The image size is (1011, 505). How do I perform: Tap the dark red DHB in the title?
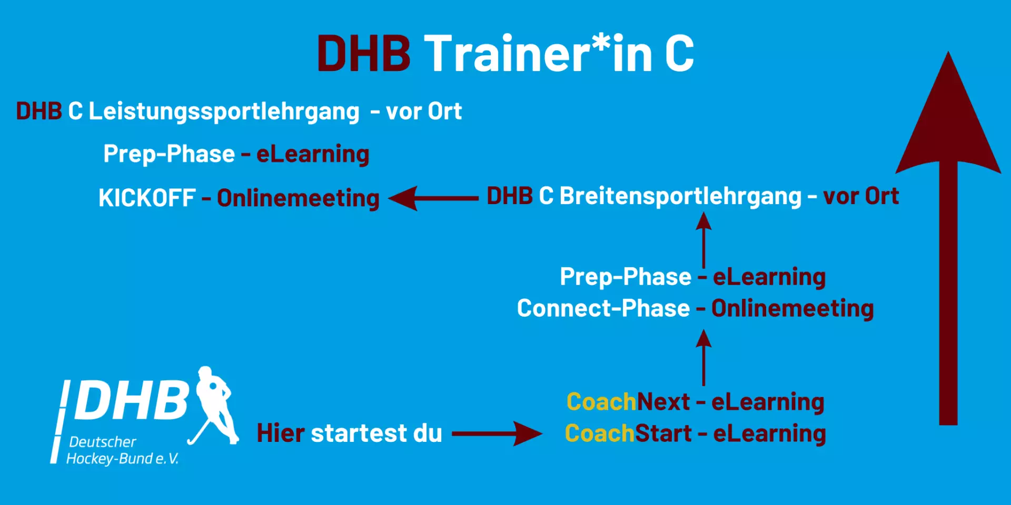point(363,54)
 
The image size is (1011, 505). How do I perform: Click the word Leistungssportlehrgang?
point(224,112)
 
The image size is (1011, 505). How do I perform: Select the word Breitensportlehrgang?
point(680,196)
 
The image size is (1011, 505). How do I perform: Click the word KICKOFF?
point(147,198)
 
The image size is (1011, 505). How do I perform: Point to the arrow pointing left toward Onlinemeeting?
point(433,198)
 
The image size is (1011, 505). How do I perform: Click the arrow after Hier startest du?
point(497,433)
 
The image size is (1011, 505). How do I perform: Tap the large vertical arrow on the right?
point(948,238)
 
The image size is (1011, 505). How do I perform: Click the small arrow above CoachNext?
point(703,358)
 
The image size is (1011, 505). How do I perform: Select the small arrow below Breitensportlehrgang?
point(703,240)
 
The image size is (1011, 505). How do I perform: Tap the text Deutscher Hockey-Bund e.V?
point(123,450)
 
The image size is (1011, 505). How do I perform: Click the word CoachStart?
point(628,433)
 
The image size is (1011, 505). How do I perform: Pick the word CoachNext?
point(628,402)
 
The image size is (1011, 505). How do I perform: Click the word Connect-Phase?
point(603,308)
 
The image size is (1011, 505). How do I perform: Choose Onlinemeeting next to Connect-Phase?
point(792,309)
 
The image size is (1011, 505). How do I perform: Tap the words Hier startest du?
point(349,433)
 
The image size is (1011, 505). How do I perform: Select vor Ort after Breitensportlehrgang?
point(861,196)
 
